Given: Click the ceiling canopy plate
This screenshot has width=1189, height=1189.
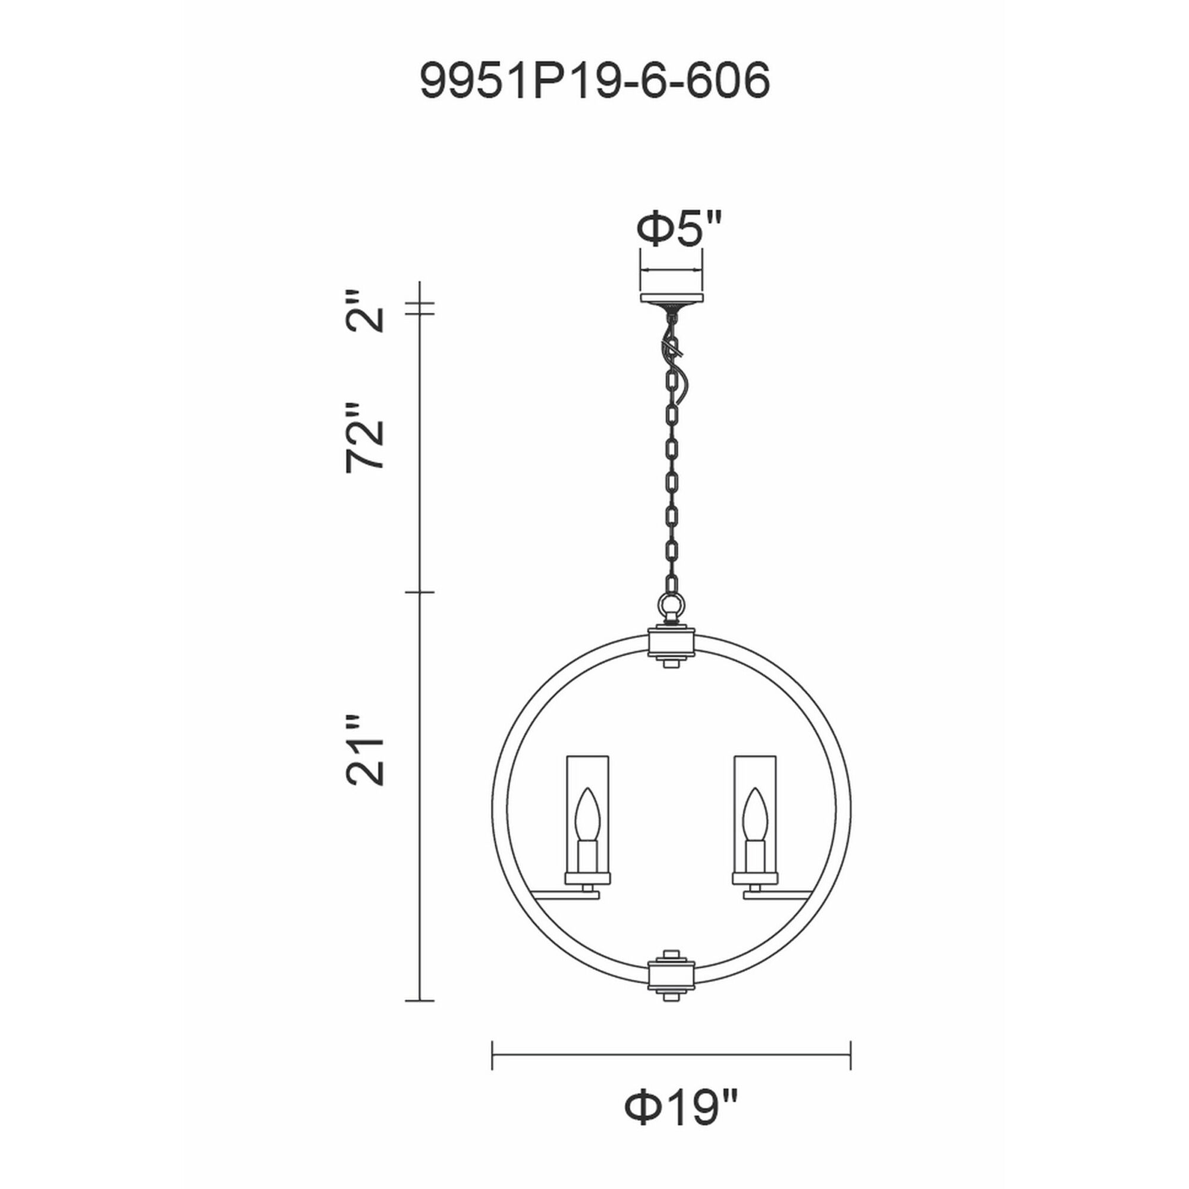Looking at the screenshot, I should pyautogui.click(x=671, y=298).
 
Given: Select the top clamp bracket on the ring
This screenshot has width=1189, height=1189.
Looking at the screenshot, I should pyautogui.click(x=671, y=642).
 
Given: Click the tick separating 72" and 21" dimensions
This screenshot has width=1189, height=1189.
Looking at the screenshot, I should pyautogui.click(x=419, y=592).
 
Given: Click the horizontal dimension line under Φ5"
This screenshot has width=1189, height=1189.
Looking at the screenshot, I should pyautogui.click(x=671, y=269).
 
